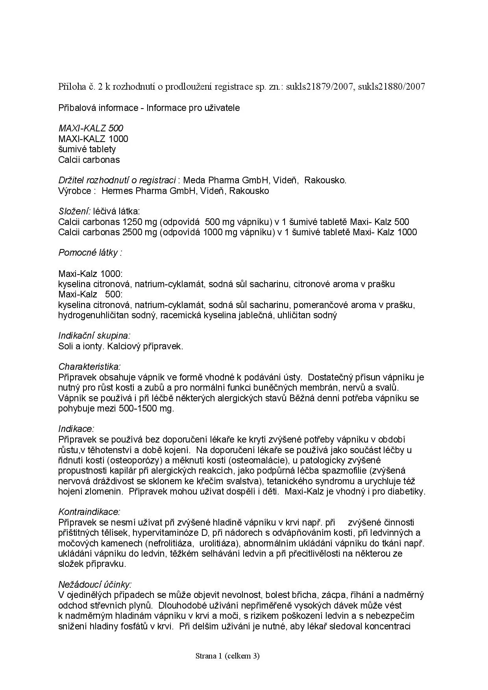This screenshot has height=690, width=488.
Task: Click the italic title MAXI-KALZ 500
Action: pos(91,128)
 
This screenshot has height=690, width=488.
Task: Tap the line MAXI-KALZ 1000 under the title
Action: pos(93,139)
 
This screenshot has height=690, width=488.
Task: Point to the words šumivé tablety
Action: pos(87,149)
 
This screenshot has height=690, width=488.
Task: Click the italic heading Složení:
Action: pos(74,212)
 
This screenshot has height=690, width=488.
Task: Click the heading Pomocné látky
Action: pos(90,253)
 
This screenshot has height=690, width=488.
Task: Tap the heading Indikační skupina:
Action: pos(94,336)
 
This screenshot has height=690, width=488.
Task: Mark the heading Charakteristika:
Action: pos(89,367)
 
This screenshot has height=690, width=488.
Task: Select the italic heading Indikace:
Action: pos(76,429)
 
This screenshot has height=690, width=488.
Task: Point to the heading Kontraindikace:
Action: pos(89,512)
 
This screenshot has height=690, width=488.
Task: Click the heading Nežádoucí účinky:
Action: pos(95,585)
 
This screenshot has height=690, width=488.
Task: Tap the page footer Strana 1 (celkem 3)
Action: pos(227,656)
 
